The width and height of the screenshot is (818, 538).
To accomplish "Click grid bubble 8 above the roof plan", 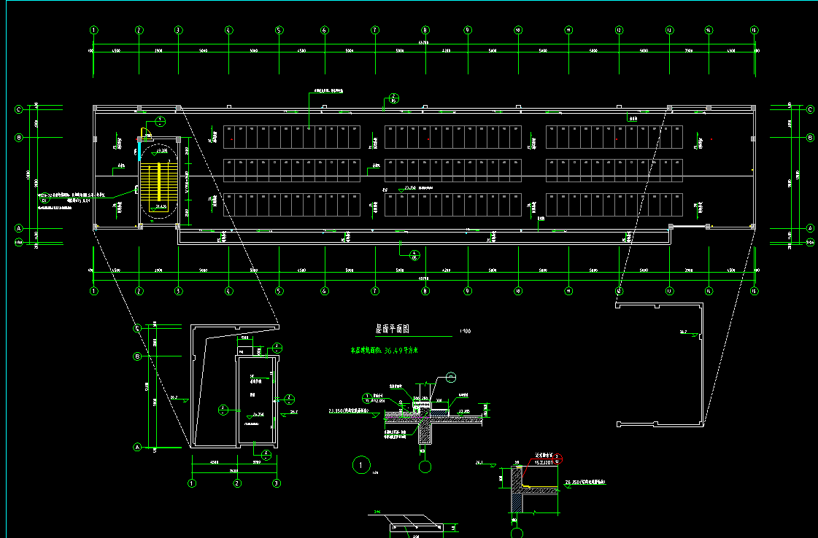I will (x=425, y=30).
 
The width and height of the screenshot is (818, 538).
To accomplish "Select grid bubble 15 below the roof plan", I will (x=755, y=291).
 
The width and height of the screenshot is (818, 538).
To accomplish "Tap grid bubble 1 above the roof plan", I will (x=93, y=30).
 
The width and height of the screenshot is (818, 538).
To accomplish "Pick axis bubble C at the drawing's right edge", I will (x=810, y=109).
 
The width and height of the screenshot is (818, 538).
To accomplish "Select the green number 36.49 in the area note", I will (x=394, y=351).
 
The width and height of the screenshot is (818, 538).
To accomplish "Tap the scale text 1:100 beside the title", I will (x=465, y=331).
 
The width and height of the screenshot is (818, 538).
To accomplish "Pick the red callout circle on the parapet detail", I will (x=559, y=459).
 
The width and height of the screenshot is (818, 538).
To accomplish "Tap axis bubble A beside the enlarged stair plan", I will (x=136, y=446).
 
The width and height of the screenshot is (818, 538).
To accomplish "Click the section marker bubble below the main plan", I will (x=414, y=254).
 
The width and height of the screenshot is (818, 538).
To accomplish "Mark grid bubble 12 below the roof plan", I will (x=618, y=291).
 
